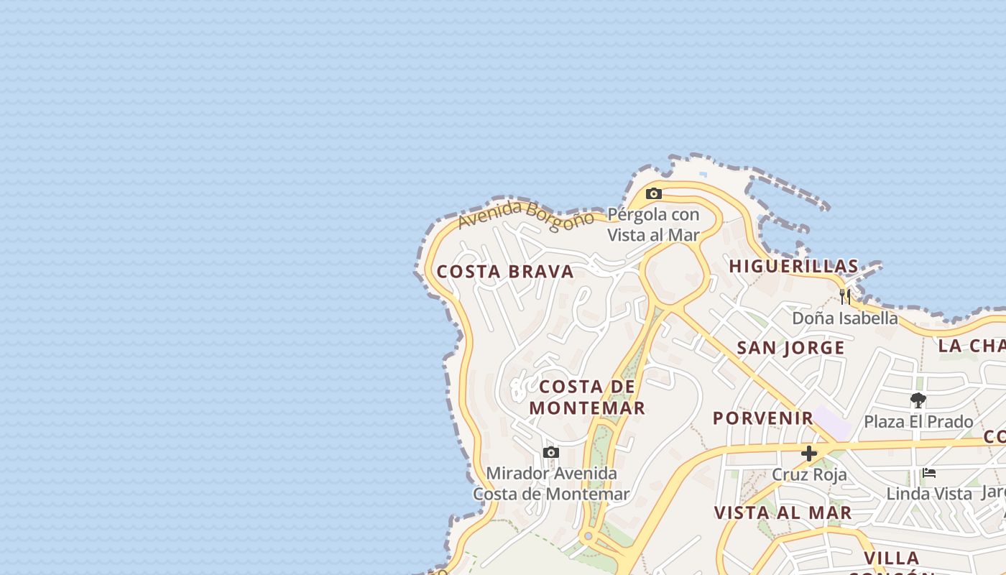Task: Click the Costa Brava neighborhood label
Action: click(505, 272)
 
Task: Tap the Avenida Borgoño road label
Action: click(526, 213)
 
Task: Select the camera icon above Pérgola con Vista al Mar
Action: click(653, 193)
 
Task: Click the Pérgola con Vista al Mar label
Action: click(653, 224)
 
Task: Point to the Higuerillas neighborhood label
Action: click(793, 266)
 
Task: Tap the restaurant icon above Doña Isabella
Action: click(845, 296)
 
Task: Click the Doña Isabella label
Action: click(845, 318)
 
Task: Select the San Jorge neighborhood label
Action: click(790, 348)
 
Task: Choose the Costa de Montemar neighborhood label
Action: click(587, 397)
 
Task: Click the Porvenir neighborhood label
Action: click(762, 418)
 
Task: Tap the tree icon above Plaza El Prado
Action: click(918, 400)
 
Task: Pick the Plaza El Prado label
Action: click(918, 421)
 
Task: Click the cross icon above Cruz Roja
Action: click(809, 454)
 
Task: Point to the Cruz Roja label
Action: click(809, 474)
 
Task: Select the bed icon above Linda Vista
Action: click(929, 473)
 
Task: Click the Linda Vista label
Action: click(929, 494)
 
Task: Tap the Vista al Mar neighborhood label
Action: click(783, 512)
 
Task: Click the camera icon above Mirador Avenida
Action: click(551, 453)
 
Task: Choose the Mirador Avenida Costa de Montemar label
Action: click(551, 484)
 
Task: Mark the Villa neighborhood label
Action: click(892, 558)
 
